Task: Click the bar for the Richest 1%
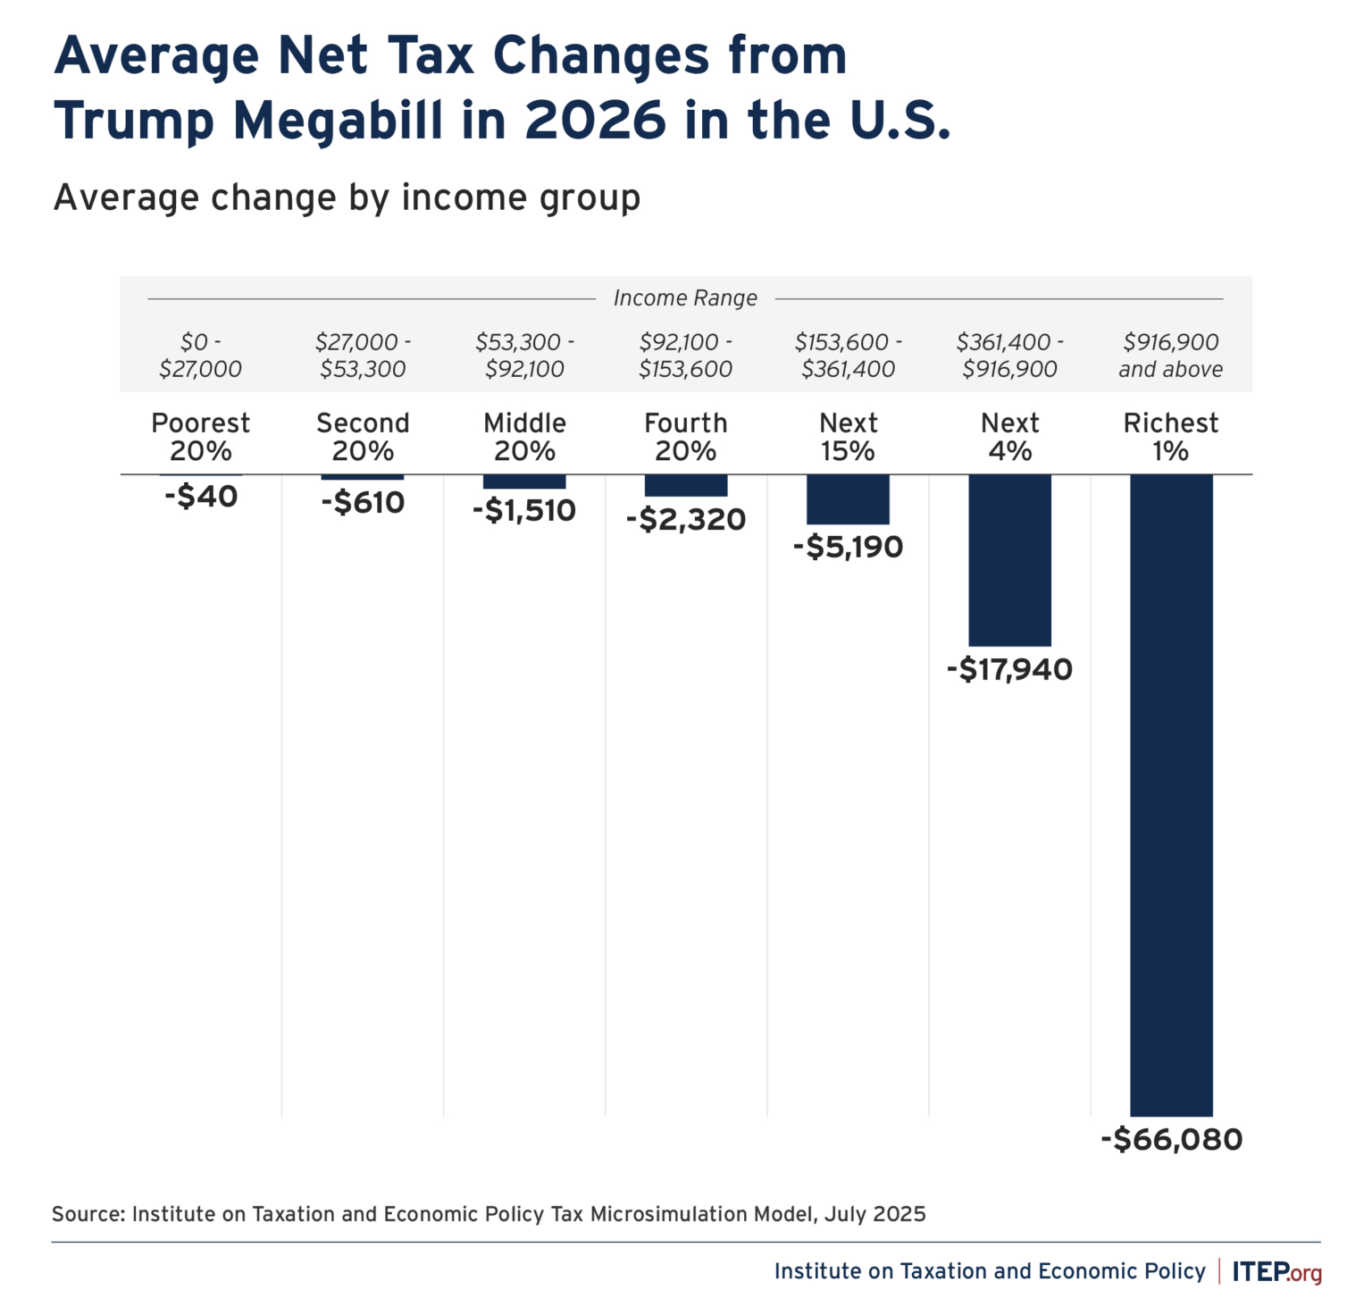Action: click(1171, 795)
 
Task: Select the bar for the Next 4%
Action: click(1009, 560)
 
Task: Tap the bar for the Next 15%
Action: click(848, 499)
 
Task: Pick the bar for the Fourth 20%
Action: click(686, 485)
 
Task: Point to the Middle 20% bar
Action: click(524, 482)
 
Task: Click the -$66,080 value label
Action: click(1171, 1140)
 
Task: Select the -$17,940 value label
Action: click(1009, 669)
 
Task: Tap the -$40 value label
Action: click(201, 497)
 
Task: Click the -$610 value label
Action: click(363, 503)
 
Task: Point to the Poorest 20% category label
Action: click(201, 437)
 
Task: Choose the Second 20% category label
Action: click(363, 437)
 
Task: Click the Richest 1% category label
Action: click(1171, 437)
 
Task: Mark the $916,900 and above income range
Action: click(1171, 356)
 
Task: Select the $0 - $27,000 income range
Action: click(201, 356)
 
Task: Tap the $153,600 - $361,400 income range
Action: click(848, 356)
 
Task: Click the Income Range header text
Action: click(685, 298)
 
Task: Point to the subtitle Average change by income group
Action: click(347, 197)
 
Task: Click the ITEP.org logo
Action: click(1276, 1271)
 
